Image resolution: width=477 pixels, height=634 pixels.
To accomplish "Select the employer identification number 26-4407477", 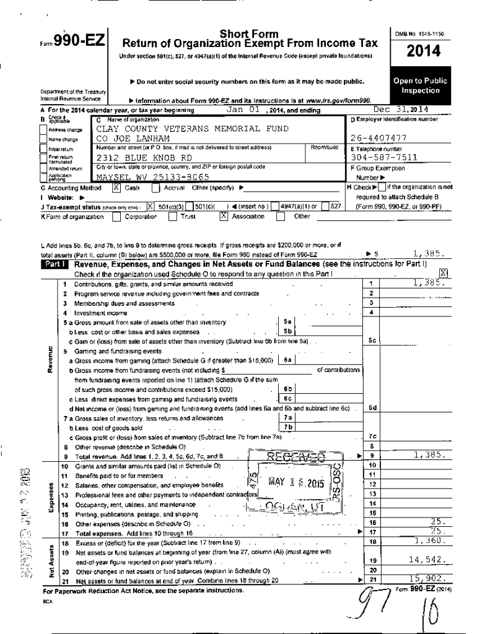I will tap(379, 138).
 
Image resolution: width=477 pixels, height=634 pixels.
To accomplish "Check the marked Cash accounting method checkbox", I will tap(116, 187).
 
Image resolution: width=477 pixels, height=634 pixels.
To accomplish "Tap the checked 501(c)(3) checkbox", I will tap(151, 206).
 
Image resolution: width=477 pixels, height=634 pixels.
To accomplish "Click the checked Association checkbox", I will tap(224, 217).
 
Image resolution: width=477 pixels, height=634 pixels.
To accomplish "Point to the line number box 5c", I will tap(371, 339).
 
